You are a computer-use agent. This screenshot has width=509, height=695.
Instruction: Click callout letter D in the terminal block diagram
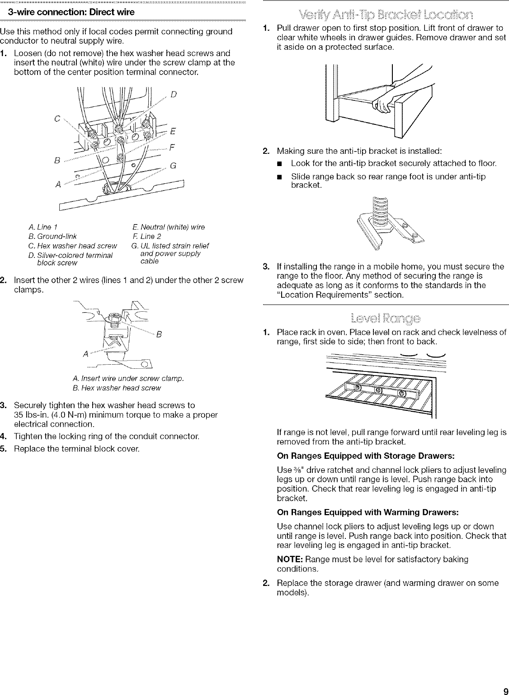[174, 95]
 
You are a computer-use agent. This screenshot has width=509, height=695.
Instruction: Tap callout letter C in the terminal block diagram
[57, 119]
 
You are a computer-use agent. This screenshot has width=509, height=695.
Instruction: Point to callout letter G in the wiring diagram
[173, 166]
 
